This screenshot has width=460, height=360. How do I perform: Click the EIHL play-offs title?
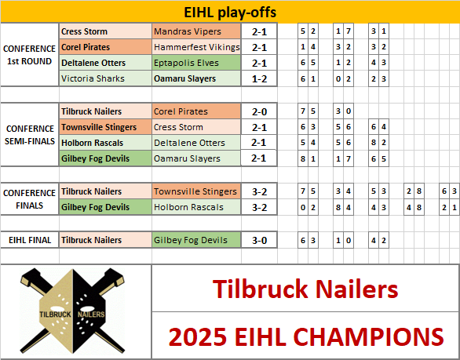point(230,13)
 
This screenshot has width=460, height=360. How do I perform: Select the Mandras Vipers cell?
point(196,31)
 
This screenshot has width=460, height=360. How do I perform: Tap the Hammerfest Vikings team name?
point(196,47)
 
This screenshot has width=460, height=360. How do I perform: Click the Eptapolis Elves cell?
point(196,63)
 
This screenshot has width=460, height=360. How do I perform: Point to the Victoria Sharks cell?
point(106,78)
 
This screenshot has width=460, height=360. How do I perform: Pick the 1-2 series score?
point(259,79)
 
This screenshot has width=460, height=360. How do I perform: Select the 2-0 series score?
point(259,111)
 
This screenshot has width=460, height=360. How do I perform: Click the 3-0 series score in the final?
point(259,240)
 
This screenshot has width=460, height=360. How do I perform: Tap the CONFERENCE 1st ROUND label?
point(29,55)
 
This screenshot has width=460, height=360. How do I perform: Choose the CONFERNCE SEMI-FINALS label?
point(30,135)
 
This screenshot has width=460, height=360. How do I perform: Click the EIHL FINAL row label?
point(30,240)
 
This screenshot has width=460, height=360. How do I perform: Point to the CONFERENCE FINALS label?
point(29,199)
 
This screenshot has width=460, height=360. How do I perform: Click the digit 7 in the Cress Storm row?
point(349,31)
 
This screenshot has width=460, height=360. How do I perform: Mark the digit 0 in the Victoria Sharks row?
point(338,79)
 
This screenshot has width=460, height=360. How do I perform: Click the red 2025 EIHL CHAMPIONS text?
point(305,336)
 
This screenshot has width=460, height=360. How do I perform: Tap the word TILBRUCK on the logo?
point(56,315)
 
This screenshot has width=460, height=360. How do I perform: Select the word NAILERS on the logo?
point(91,315)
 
